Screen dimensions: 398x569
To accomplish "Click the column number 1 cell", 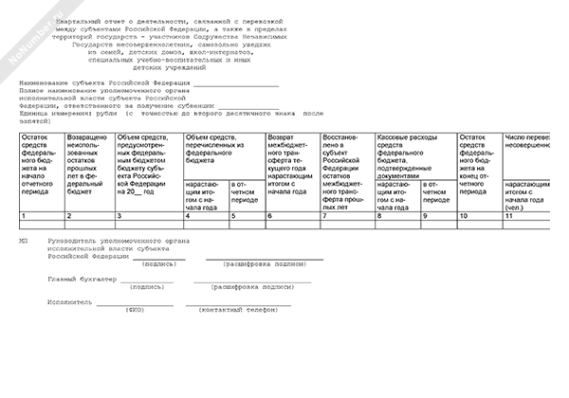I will tap(41, 216).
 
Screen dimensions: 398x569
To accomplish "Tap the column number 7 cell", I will tap(347, 216).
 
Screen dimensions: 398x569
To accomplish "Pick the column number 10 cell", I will tap(479, 216).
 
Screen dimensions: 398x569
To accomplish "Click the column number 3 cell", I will tap(147, 216).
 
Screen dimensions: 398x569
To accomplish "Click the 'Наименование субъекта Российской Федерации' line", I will tap(101, 83).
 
